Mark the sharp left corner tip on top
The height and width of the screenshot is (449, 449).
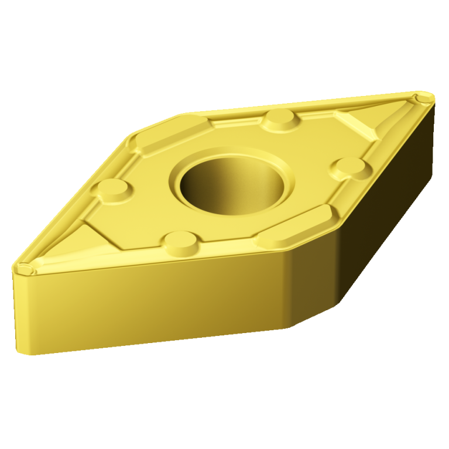pyautogui.click(x=23, y=269)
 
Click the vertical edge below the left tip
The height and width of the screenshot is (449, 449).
pyautogui.click(x=16, y=310)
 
